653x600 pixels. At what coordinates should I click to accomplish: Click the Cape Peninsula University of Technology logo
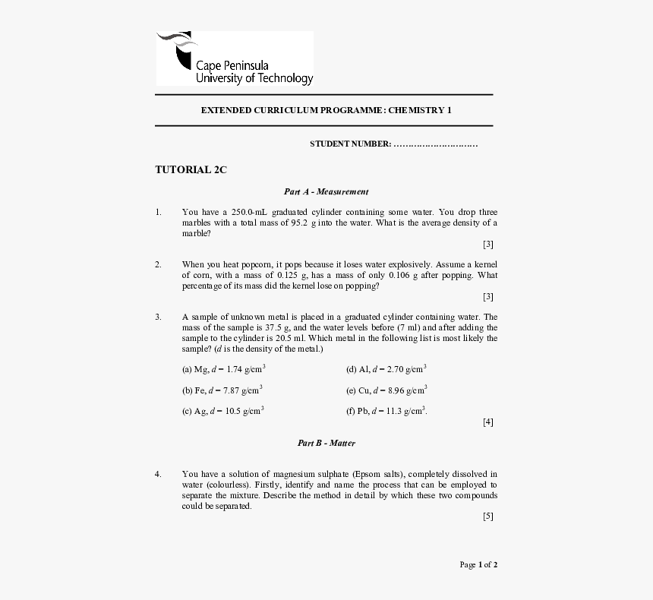point(234,58)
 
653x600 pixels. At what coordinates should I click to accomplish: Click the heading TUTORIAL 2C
point(191,170)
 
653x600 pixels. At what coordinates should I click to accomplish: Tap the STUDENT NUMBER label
point(350,144)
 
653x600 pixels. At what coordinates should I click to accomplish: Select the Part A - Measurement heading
point(326,192)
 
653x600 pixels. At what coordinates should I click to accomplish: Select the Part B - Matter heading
point(326,443)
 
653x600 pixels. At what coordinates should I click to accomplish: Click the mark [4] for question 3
point(487,422)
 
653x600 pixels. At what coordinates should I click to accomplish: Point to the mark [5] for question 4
point(487,516)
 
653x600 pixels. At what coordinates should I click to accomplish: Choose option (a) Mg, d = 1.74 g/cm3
point(223,369)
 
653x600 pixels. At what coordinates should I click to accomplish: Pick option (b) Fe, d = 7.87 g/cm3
point(222,390)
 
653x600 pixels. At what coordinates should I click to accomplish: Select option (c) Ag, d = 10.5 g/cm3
point(222,411)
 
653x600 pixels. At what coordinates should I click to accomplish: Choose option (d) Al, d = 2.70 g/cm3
point(386,369)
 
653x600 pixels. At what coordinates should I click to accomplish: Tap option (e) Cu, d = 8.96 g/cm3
point(386,390)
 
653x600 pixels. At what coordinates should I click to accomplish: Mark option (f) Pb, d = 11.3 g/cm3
point(386,411)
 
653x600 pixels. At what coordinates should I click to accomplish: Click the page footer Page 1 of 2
point(478,564)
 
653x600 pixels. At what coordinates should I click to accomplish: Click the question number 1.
point(158,212)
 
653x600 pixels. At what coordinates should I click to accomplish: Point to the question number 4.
point(158,474)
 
